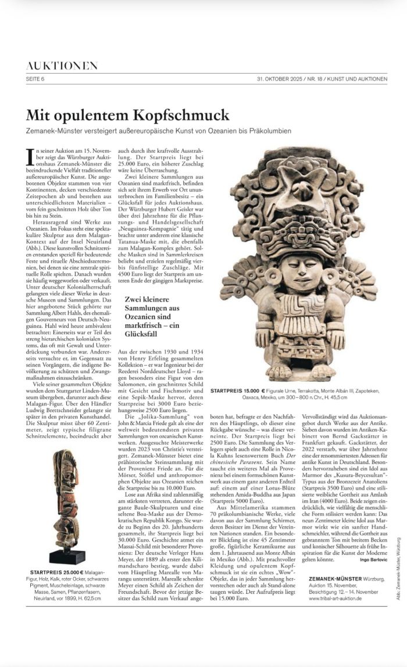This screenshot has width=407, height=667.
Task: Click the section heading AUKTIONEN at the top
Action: pos(62,66)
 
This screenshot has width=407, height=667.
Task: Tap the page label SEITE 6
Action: pos(35,79)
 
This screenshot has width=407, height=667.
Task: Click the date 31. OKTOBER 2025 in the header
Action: pos(280,79)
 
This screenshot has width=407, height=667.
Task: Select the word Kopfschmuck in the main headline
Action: pos(185,114)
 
